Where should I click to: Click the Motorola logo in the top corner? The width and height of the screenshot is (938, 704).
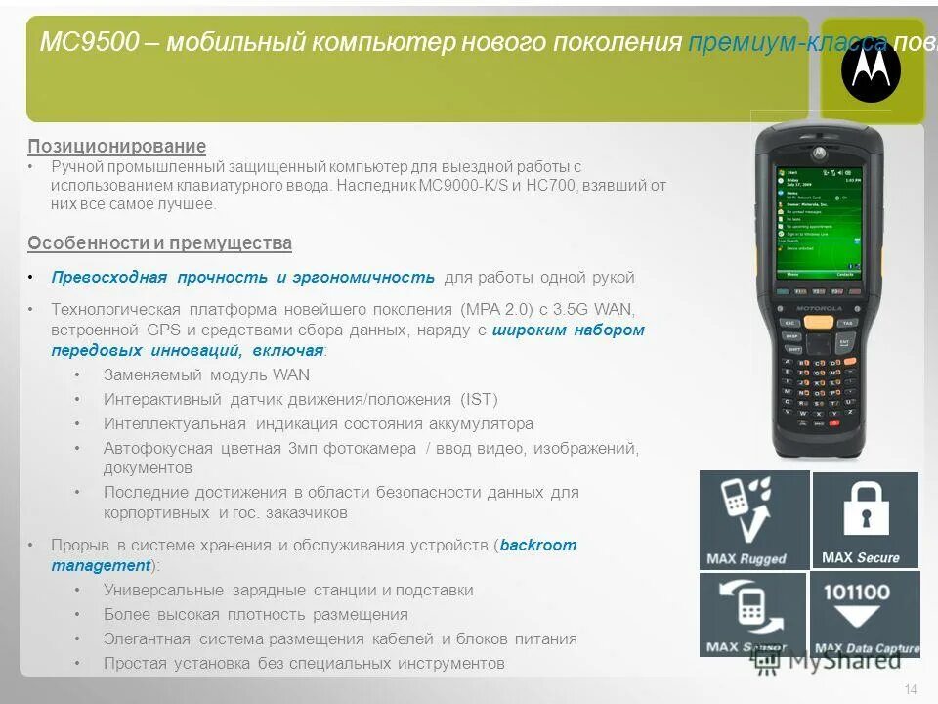pos(871,70)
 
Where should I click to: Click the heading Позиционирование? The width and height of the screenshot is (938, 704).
pos(116,147)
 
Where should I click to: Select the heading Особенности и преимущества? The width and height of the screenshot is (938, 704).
pos(159,243)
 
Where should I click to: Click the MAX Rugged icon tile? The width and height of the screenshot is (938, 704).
pos(753,519)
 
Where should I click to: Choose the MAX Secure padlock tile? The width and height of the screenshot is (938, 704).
pos(865,519)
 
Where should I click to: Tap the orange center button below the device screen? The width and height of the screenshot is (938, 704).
pos(821,322)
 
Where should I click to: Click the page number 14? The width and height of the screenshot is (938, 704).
pos(911,690)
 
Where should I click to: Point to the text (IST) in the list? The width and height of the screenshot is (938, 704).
pos(478,400)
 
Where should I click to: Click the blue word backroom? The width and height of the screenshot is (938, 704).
pos(538,546)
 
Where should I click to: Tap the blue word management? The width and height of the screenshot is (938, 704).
pos(100,566)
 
